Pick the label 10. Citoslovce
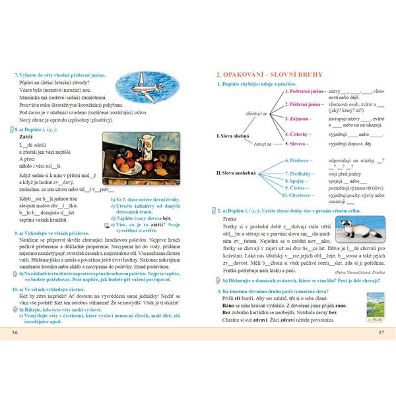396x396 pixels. tap(300, 195)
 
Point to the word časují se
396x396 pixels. tap(261, 143)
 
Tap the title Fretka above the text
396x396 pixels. tap(230, 218)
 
